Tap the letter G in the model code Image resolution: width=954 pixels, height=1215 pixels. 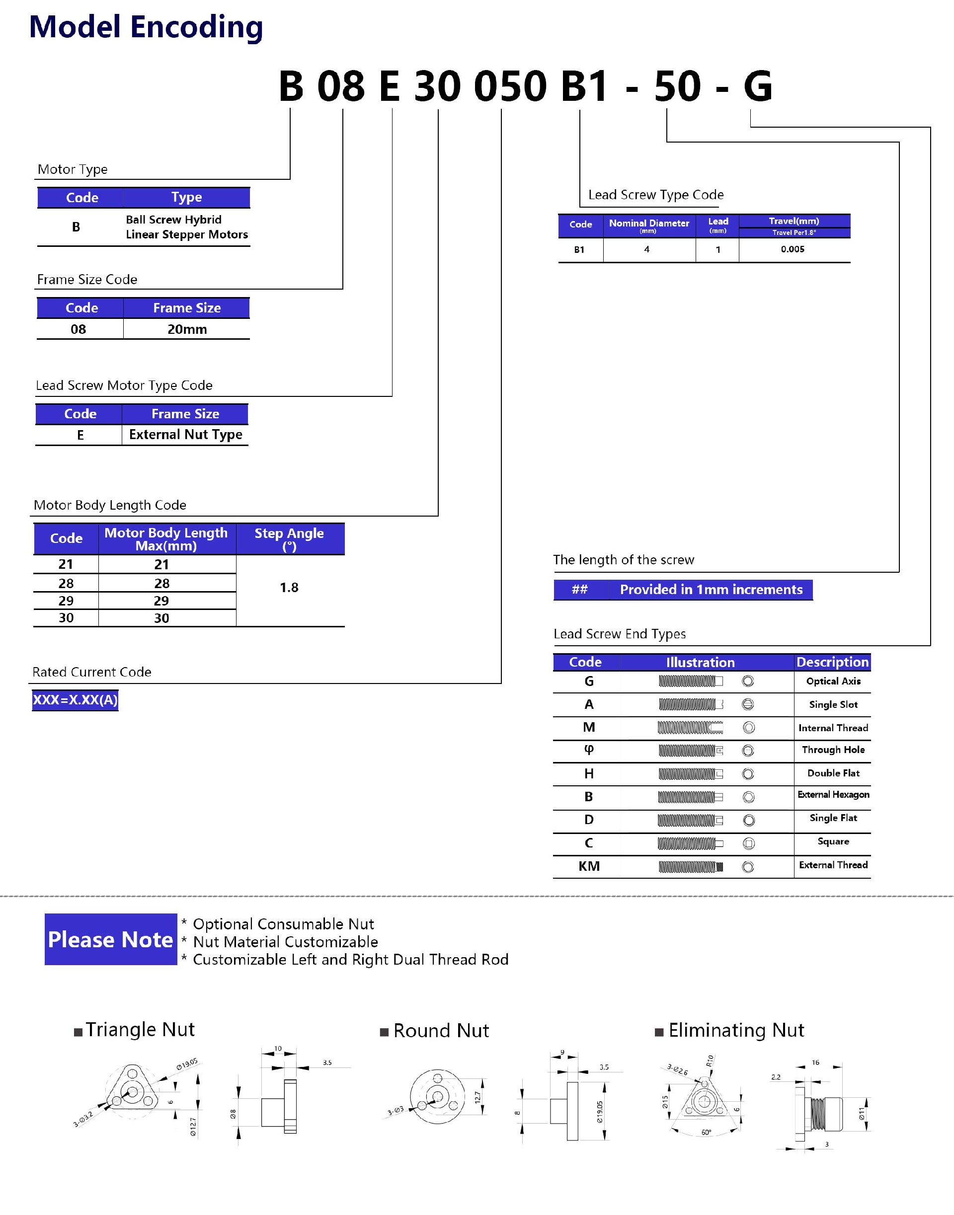tap(757, 86)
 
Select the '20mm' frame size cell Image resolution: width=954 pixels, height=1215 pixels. tap(187, 329)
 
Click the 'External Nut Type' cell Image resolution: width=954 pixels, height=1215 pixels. tap(185, 435)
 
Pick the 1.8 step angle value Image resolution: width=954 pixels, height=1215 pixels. tap(289, 588)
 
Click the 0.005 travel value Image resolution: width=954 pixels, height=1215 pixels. tap(793, 249)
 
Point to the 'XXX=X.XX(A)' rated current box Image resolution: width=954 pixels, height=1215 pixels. tap(76, 699)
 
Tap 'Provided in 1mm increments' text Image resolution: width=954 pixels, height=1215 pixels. tap(711, 590)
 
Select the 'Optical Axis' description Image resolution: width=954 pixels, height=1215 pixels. tap(833, 681)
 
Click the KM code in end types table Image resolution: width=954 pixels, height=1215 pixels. tap(589, 866)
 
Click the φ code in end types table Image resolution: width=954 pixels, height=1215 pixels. tap(589, 750)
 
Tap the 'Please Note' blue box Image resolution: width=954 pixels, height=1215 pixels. tap(111, 939)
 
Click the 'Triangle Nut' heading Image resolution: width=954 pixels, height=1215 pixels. tap(140, 1029)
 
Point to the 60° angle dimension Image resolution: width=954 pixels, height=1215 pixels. tap(706, 1133)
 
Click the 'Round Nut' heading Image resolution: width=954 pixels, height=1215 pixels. tap(441, 1030)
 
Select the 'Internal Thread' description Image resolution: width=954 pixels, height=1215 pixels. tap(833, 728)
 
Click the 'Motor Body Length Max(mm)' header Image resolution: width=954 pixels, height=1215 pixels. tap(166, 539)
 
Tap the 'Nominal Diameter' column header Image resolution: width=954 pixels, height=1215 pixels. tap(648, 225)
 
